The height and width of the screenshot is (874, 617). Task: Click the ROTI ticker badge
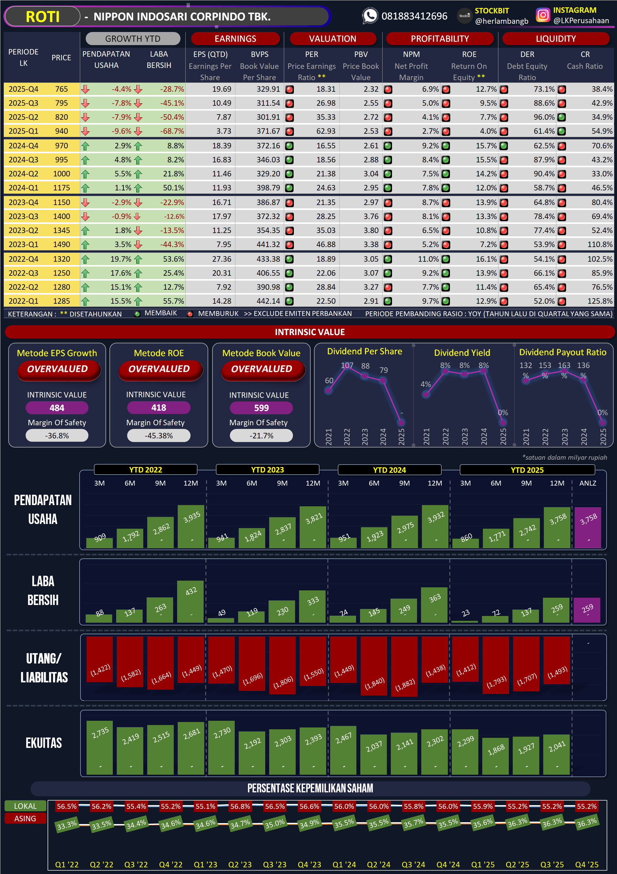click(42, 17)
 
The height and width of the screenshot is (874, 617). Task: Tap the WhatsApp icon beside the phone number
click(369, 16)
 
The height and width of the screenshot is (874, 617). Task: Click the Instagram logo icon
click(543, 15)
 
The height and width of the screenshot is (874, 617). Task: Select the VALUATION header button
click(333, 38)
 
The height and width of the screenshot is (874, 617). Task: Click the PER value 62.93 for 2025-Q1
click(326, 131)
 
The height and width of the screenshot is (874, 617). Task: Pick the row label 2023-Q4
click(23, 203)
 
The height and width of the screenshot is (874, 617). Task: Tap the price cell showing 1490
click(61, 244)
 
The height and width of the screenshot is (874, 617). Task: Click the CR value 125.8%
click(600, 301)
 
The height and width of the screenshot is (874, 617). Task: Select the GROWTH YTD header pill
click(133, 38)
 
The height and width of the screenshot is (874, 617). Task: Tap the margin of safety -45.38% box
click(159, 436)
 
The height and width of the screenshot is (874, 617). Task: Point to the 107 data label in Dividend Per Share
click(347, 366)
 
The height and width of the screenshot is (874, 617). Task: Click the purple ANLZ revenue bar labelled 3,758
click(588, 527)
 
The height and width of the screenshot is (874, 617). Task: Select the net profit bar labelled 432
click(191, 601)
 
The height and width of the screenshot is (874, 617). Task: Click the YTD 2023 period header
click(267, 470)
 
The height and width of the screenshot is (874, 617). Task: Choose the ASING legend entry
click(25, 819)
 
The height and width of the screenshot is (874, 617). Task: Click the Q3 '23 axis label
click(275, 865)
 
